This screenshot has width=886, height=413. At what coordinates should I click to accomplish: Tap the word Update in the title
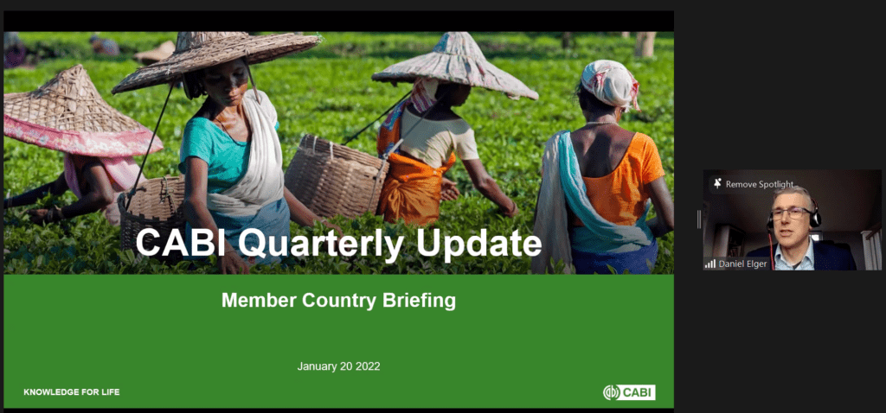478,244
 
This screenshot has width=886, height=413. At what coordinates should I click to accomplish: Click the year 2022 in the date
367,366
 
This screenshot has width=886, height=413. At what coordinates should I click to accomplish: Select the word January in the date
317,366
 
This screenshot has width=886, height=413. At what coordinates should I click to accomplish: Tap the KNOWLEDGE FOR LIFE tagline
72,392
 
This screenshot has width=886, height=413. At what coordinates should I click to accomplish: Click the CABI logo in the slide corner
630,392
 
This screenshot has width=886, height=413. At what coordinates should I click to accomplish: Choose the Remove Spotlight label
760,184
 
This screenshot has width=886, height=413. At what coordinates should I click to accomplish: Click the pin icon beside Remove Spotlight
717,184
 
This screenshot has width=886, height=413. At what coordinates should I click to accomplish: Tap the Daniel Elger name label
743,264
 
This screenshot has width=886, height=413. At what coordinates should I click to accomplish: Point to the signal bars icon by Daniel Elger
710,264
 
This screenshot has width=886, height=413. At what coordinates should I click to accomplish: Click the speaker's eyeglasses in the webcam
791,213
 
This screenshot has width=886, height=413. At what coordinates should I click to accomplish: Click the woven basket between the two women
336,176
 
